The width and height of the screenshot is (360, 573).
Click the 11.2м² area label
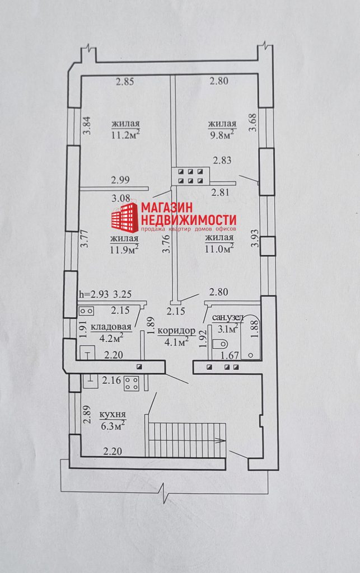pyautogui.click(x=126, y=135)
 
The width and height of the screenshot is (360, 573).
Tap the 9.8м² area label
pyautogui.click(x=222, y=135)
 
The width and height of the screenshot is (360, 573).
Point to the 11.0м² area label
pyautogui.click(x=219, y=249)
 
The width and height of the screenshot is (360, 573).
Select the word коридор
pyautogui.click(x=176, y=330)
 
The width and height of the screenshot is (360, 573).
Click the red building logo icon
pyautogui.click(x=125, y=218)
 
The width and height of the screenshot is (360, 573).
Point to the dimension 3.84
pyautogui.click(x=87, y=126)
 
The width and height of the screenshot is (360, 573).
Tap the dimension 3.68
pyautogui.click(x=253, y=123)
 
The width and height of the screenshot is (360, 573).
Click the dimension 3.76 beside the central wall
pyautogui.click(x=166, y=243)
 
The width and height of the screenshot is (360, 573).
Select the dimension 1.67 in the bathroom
pyautogui.click(x=230, y=355)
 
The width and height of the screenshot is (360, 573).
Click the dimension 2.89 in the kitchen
pyautogui.click(x=86, y=415)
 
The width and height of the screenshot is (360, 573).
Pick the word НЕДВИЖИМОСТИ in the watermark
pyautogui.click(x=189, y=220)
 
